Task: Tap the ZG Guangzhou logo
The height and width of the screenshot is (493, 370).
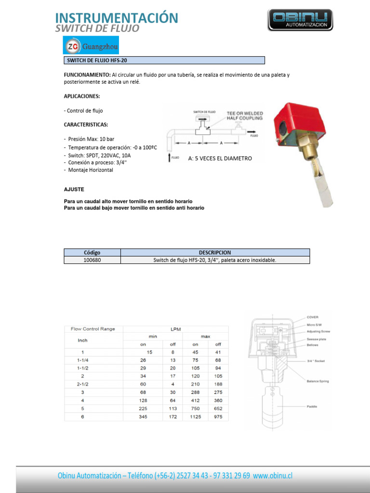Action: (92, 46)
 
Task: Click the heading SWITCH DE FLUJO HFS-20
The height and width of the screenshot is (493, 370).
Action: (96, 61)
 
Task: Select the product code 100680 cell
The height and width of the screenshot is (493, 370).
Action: (92, 260)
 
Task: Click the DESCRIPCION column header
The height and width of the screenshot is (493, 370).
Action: (215, 252)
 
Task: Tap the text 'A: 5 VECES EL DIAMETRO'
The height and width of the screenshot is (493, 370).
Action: (220, 158)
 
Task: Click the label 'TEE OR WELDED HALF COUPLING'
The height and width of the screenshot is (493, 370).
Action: (245, 116)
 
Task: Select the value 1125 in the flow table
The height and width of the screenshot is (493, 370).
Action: (196, 417)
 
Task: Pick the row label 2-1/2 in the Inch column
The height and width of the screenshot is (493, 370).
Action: (82, 384)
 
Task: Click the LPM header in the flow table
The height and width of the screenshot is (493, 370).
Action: (175, 328)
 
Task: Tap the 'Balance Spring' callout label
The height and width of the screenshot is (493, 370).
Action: (317, 381)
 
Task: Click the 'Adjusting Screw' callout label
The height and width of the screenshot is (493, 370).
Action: (318, 331)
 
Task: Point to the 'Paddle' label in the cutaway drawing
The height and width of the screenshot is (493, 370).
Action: (312, 407)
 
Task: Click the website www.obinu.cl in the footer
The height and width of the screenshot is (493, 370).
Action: (273, 476)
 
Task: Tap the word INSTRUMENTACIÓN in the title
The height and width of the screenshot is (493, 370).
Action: (117, 18)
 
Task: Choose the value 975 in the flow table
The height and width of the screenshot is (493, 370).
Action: (218, 417)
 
